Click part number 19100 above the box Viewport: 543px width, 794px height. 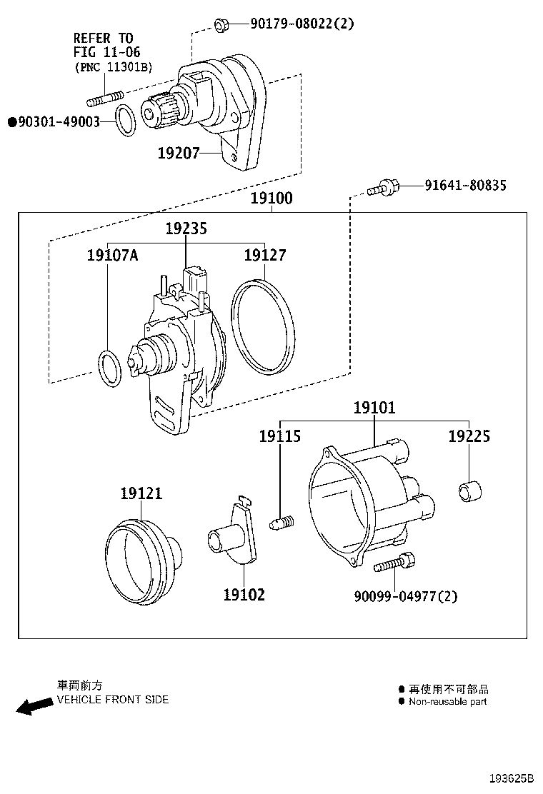(x=271, y=198)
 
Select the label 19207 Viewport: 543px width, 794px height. (x=179, y=152)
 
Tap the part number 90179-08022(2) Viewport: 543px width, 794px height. (x=302, y=24)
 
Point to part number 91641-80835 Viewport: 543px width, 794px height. (x=465, y=186)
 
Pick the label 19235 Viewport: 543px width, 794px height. (x=186, y=229)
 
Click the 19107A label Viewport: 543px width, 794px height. (x=112, y=255)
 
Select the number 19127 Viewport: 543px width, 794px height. (x=265, y=255)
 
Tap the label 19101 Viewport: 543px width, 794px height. (x=374, y=408)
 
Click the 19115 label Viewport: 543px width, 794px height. (x=279, y=436)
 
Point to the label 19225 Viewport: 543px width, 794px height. (x=469, y=436)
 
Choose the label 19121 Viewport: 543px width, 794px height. (x=141, y=493)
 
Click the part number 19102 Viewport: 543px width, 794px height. (x=244, y=594)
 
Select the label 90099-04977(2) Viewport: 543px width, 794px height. (x=406, y=595)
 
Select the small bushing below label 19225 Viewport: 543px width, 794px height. (x=469, y=492)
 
